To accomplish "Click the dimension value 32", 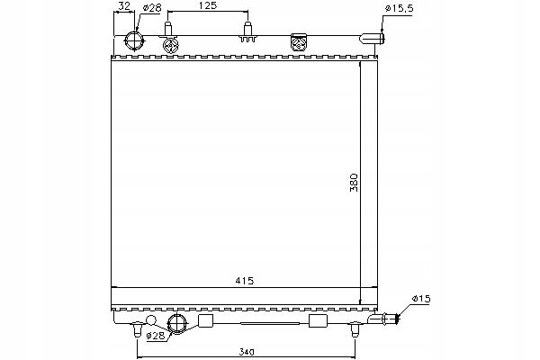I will click(x=124, y=7).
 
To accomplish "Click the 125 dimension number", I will click(x=208, y=7).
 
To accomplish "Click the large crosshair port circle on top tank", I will click(x=134, y=41).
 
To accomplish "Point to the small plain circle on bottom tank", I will click(x=151, y=320).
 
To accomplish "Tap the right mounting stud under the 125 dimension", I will click(x=246, y=34).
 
